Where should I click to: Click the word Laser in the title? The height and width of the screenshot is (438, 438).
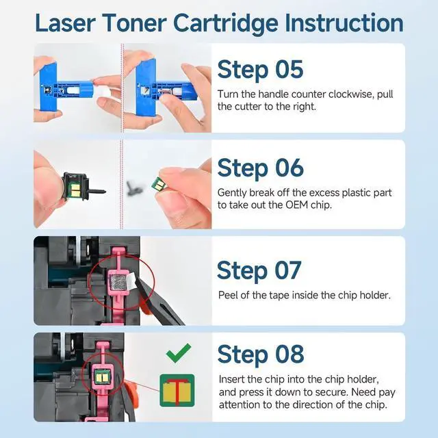point(66,23)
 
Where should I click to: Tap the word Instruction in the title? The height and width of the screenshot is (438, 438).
point(344,23)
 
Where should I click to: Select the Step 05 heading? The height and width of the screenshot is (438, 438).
point(260,70)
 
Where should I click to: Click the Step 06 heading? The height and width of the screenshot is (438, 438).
point(260,168)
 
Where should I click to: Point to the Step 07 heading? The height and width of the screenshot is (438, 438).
point(259,270)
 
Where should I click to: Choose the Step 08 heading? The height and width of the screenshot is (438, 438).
point(260,355)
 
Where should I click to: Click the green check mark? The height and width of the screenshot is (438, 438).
point(179,353)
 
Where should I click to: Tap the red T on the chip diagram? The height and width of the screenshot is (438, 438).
point(177,391)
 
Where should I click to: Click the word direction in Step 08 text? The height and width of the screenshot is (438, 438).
point(324,404)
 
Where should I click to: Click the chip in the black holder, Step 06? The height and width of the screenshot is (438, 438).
point(75,189)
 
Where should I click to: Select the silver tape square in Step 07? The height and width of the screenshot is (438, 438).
point(118,283)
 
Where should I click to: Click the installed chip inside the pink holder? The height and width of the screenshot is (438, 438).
point(103,376)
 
